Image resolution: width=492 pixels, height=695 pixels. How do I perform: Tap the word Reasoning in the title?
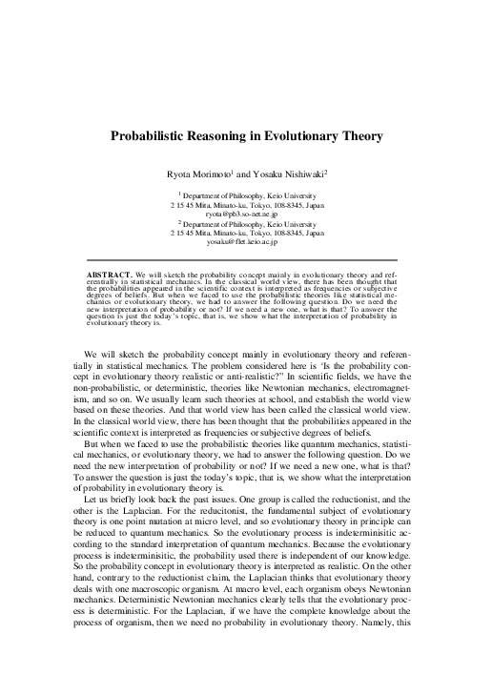(x=229, y=136)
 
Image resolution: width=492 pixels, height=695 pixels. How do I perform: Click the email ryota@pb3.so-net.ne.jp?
(x=247, y=215)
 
